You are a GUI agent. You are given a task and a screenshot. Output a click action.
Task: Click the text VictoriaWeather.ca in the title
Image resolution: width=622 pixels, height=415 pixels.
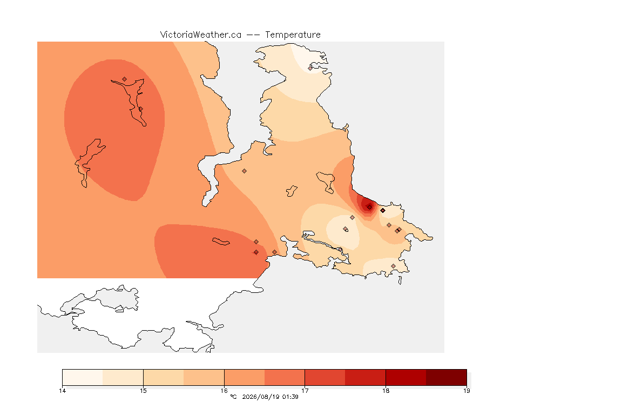click(x=201, y=35)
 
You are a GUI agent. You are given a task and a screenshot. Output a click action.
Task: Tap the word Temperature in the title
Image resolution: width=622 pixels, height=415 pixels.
click(x=293, y=35)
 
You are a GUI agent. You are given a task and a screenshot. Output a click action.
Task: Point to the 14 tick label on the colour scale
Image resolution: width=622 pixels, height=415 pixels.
click(x=62, y=391)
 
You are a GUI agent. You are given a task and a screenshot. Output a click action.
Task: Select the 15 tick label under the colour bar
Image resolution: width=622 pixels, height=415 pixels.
click(x=143, y=391)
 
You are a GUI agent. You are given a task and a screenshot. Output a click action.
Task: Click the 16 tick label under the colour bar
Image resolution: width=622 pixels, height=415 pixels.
click(x=224, y=391)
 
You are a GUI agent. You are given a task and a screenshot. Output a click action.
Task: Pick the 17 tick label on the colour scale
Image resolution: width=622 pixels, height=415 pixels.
click(x=305, y=391)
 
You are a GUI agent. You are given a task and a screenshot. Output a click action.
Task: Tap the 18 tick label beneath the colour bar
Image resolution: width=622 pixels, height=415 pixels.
click(x=386, y=391)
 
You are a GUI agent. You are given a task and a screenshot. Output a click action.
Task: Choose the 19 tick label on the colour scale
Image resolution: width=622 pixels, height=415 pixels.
click(x=466, y=391)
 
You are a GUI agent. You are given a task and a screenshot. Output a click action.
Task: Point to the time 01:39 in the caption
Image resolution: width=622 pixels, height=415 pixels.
click(x=290, y=397)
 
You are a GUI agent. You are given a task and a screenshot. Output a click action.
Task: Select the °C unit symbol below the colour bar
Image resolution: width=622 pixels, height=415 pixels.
click(x=233, y=397)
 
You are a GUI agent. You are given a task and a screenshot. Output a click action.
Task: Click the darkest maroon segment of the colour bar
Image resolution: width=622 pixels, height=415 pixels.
click(x=447, y=377)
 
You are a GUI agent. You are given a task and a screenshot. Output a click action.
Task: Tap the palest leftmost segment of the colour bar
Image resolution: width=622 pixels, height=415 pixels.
click(x=83, y=377)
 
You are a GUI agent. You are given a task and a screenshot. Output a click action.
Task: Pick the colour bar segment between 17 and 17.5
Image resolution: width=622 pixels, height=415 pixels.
click(x=325, y=377)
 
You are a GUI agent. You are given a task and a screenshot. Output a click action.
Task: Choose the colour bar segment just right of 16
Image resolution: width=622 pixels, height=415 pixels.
click(x=245, y=377)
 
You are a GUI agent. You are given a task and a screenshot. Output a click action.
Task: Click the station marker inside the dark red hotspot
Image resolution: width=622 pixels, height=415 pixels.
click(x=369, y=207)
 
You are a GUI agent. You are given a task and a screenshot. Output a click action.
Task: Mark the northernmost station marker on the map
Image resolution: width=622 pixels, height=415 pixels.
click(x=310, y=68)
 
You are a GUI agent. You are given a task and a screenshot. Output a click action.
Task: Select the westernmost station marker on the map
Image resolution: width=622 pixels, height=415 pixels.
click(x=125, y=79)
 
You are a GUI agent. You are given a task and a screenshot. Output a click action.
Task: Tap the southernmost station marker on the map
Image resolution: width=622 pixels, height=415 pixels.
click(x=393, y=266)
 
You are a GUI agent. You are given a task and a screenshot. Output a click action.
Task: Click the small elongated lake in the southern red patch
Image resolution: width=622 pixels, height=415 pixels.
click(x=221, y=242)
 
